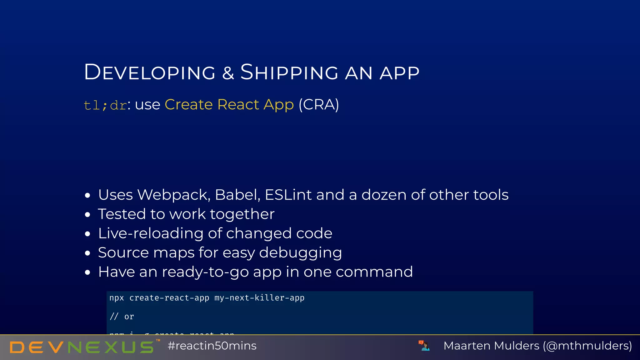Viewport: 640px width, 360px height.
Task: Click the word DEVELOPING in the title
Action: pyautogui.click(x=150, y=72)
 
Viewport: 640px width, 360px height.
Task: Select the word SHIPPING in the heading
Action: pyautogui.click(x=289, y=72)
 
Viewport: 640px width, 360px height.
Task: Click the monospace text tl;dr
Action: pyautogui.click(x=105, y=105)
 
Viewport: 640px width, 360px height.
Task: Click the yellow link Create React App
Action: pyautogui.click(x=229, y=104)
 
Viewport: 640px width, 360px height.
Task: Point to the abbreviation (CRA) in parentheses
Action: pyautogui.click(x=318, y=104)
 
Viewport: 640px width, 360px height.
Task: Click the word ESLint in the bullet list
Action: pyautogui.click(x=288, y=195)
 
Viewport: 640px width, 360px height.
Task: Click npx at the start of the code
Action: pyautogui.click(x=117, y=298)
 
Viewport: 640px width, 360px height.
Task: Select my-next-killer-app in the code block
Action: pyautogui.click(x=259, y=298)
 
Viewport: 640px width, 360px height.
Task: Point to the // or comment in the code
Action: pyautogui.click(x=122, y=317)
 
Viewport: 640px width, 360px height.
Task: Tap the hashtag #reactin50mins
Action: pyautogui.click(x=212, y=346)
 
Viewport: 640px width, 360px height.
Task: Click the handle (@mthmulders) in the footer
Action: pyautogui.click(x=587, y=346)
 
